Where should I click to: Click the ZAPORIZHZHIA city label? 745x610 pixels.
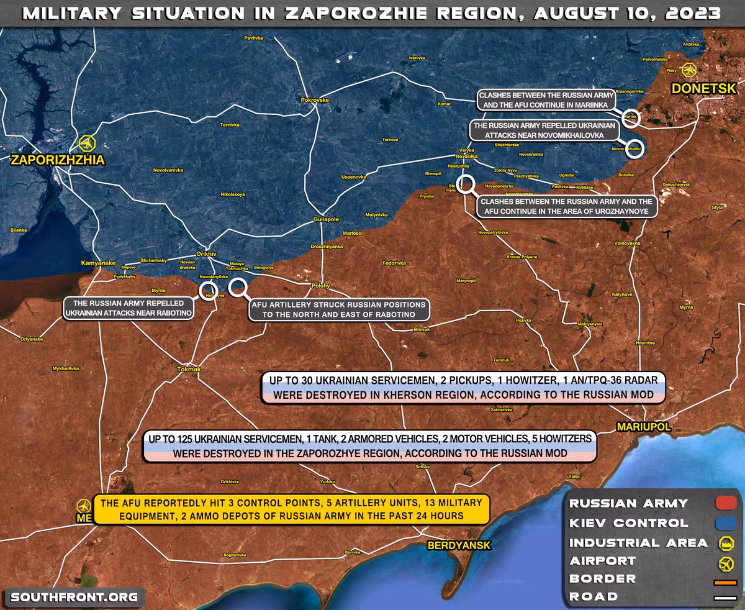click(57, 161)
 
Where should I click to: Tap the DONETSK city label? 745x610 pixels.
click(702, 89)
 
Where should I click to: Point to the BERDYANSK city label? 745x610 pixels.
click(459, 545)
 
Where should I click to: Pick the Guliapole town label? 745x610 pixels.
click(327, 219)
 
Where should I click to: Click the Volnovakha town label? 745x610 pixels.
click(627, 243)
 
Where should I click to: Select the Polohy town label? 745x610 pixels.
click(320, 286)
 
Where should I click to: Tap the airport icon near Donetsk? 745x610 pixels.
click(689, 70)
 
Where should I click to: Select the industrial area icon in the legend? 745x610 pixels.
click(724, 543)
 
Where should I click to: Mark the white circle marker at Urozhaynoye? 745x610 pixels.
click(466, 184)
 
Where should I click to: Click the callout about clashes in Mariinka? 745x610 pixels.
click(546, 101)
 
